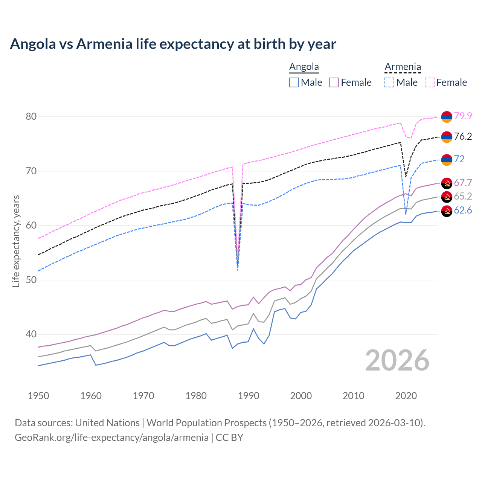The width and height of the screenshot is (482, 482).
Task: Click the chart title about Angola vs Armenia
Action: pos(173,44)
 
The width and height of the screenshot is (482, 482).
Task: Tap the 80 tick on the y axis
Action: pos(31,116)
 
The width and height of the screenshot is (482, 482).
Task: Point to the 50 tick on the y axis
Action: pos(31,280)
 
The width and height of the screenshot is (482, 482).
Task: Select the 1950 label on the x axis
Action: pos(38,396)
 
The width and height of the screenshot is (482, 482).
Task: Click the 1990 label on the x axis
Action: pos(249,396)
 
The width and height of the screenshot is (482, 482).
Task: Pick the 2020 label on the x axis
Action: pos(406,396)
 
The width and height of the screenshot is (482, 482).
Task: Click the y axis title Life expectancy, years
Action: pos(16,241)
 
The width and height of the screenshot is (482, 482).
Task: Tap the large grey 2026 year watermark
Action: pos(397,360)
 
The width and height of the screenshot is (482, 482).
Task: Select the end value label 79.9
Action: pos(463,116)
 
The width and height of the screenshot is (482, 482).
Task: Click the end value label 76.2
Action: pos(463,136)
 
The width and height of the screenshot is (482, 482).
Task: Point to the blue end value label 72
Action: pos(459,159)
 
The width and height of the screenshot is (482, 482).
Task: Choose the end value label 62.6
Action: pos(463,210)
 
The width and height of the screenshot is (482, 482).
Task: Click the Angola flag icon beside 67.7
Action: pos(447,183)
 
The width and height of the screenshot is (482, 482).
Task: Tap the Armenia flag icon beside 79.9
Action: pos(447,117)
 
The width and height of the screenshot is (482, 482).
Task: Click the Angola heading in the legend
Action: pos(304,67)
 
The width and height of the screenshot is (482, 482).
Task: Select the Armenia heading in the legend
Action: pos(403,67)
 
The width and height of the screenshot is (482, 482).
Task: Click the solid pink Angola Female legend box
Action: pos(334,82)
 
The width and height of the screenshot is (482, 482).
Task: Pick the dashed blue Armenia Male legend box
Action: pos(389,82)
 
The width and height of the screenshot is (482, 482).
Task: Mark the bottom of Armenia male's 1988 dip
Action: pos(238,270)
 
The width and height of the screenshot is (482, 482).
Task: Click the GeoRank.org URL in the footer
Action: pos(111,437)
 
